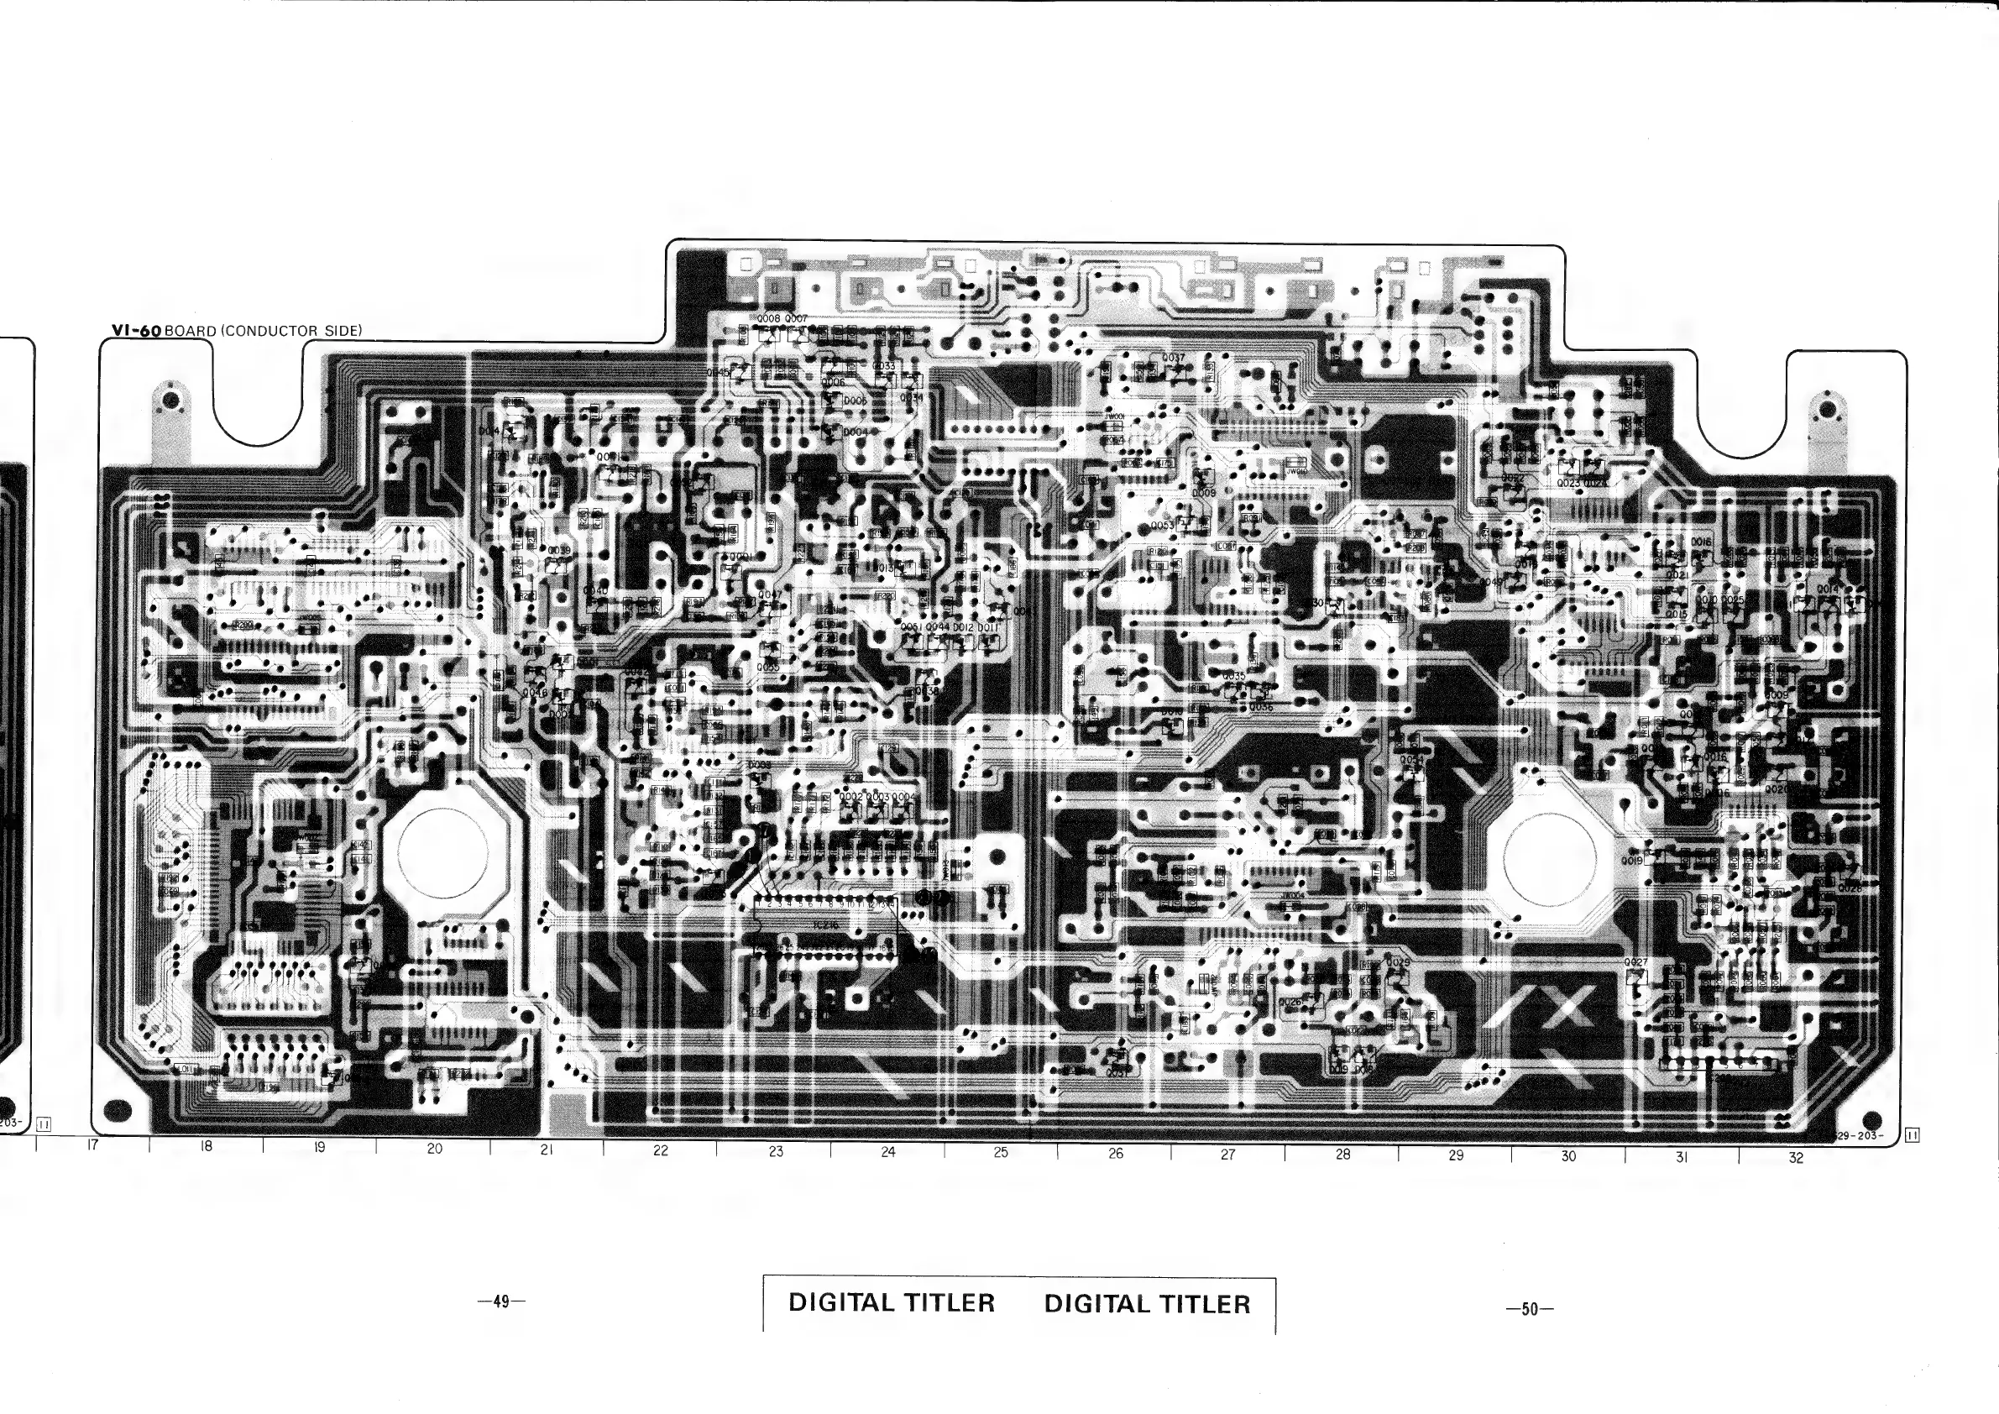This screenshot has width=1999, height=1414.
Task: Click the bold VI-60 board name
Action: (x=137, y=331)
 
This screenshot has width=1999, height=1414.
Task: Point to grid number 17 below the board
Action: (x=93, y=1146)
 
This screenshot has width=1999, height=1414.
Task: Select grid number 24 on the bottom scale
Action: (x=888, y=1152)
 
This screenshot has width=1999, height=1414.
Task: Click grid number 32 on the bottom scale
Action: (x=1796, y=1158)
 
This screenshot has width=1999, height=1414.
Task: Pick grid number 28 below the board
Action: (x=1343, y=1155)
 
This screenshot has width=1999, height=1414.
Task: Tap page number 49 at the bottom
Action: (x=501, y=1301)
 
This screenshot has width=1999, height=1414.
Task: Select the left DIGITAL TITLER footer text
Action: (x=892, y=1302)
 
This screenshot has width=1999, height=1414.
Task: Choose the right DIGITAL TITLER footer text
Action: (x=1148, y=1303)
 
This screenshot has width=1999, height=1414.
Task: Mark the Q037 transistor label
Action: (x=1173, y=358)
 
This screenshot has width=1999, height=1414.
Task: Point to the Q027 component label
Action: (x=1636, y=962)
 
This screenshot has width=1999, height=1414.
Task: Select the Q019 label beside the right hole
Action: (x=1631, y=861)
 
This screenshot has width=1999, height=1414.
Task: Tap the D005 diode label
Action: (x=855, y=401)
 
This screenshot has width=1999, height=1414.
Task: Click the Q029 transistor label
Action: (x=1398, y=962)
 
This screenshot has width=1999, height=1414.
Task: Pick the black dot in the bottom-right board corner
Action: (x=1871, y=1121)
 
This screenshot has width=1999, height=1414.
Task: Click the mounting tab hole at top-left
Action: (x=171, y=401)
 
